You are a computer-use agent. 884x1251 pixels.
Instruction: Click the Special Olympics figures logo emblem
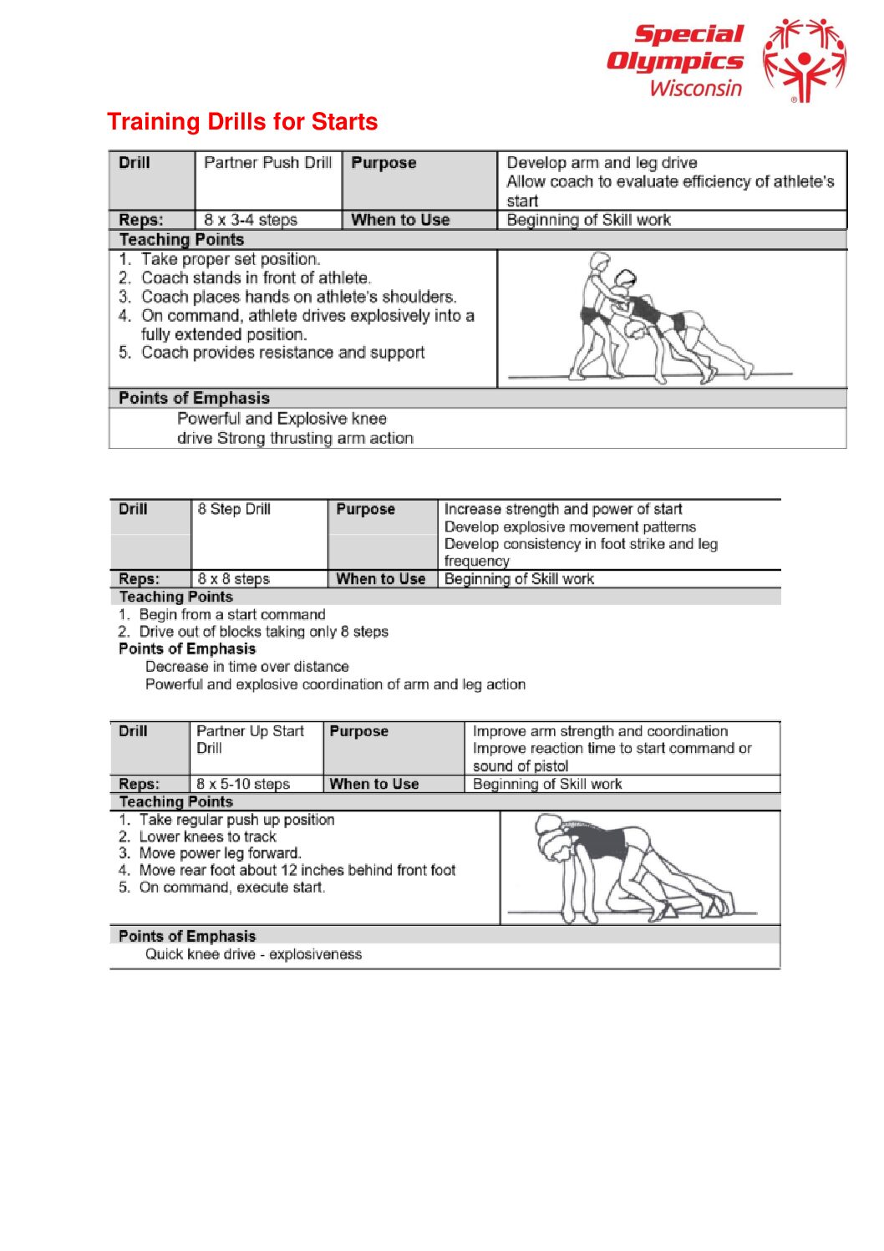[804, 60]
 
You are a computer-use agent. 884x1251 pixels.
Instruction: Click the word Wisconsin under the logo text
[695, 88]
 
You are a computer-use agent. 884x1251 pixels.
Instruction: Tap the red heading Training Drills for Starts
[242, 122]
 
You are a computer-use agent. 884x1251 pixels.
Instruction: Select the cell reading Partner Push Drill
[267, 163]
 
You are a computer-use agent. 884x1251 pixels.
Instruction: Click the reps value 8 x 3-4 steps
[251, 220]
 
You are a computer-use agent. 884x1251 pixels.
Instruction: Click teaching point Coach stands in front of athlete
[256, 277]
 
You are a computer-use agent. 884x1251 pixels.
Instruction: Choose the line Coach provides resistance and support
[282, 353]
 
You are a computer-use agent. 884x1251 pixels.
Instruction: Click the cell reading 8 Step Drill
[234, 509]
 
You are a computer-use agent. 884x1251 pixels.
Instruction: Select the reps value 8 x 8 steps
[233, 578]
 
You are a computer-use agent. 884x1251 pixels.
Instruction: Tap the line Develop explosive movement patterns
[570, 526]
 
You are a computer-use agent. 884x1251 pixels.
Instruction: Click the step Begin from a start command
[232, 614]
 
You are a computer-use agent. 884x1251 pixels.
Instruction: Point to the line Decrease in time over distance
[246, 666]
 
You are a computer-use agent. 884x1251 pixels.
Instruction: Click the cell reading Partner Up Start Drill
[250, 740]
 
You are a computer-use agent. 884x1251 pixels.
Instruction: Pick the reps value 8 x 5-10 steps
[243, 784]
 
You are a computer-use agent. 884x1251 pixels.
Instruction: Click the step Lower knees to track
[207, 837]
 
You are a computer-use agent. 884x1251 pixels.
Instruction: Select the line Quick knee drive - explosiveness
[253, 954]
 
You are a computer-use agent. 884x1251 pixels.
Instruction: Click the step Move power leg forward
[220, 853]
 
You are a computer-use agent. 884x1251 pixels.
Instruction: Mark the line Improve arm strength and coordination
[600, 731]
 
